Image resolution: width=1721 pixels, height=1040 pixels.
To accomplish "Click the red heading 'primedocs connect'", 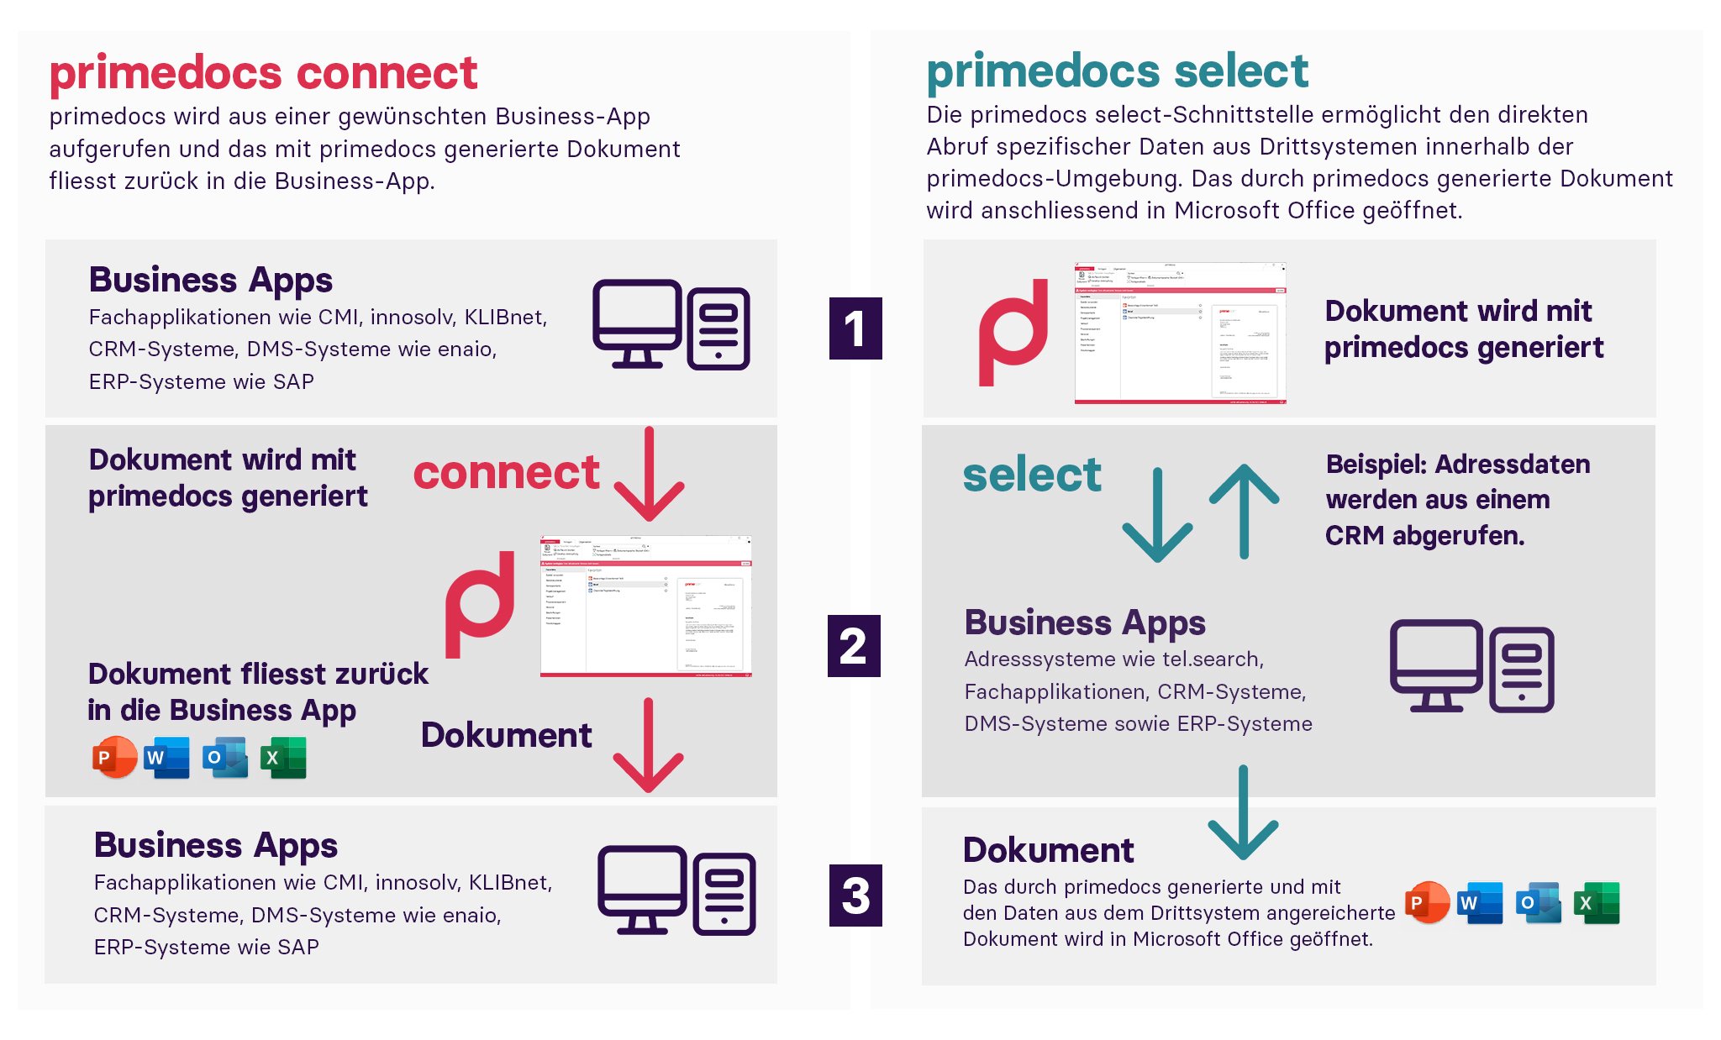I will tap(263, 73).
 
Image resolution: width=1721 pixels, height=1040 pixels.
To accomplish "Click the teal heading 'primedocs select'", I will tap(1117, 71).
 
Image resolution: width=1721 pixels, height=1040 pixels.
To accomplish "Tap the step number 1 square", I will tap(855, 328).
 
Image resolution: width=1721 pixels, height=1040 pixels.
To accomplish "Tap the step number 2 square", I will tap(854, 646).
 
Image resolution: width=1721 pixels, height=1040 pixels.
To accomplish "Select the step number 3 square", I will tap(855, 896).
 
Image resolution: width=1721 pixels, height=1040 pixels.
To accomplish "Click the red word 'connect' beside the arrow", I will tap(506, 472).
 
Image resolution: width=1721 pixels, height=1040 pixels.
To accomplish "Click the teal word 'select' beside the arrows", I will tap(1031, 475).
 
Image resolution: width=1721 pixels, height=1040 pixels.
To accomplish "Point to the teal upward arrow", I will tap(1245, 510).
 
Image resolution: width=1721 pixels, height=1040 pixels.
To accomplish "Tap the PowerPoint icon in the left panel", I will tap(114, 757).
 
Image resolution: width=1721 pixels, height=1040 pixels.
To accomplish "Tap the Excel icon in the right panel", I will tap(1597, 903).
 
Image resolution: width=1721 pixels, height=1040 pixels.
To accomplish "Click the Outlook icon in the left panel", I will tap(225, 758).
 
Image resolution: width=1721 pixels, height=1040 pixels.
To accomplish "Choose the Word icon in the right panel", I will tap(1480, 903).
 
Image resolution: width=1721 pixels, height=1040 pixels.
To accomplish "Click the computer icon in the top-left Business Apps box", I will tap(671, 325).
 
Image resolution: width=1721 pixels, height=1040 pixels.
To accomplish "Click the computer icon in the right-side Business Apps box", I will tap(1471, 666).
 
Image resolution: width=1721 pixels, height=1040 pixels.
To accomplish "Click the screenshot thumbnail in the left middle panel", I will tap(645, 606).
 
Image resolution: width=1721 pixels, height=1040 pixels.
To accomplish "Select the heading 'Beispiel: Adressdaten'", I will tap(1457, 464).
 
